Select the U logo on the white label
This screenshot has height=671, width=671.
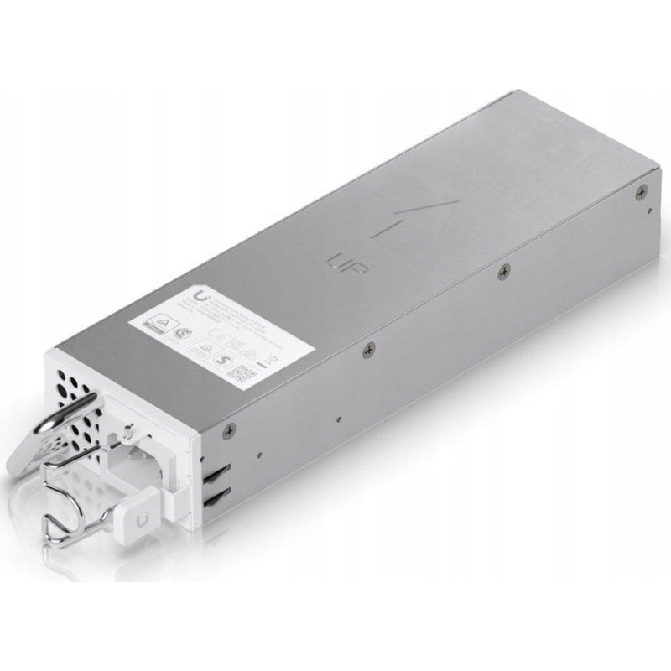pyautogui.click(x=201, y=297)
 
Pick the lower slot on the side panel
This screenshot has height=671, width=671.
pyautogui.click(x=216, y=498)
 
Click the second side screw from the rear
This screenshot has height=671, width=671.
pyautogui.click(x=504, y=269)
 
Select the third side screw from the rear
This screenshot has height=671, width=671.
pyautogui.click(x=367, y=348)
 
